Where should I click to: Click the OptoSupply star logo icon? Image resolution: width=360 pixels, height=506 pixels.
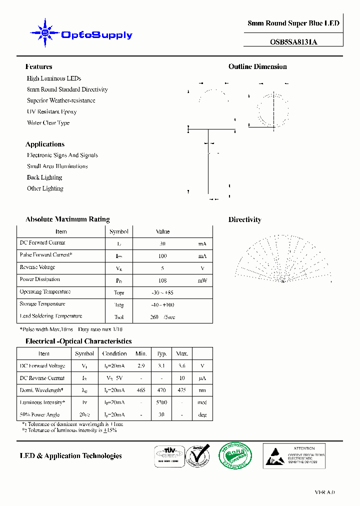pos(45,33)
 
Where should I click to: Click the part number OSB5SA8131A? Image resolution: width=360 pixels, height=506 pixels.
pos(293,42)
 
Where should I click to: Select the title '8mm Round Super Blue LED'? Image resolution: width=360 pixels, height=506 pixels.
pos(293,23)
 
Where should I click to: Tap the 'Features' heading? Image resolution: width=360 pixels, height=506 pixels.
pos(38,66)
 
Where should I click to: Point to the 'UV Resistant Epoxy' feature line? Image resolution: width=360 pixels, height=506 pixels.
pos(51,111)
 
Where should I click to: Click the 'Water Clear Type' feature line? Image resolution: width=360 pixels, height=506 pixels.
pos(48,122)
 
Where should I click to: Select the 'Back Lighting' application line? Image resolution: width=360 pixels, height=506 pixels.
pos(44,177)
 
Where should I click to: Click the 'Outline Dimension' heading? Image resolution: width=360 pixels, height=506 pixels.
pos(257,66)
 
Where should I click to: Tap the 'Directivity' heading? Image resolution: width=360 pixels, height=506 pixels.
pos(244,219)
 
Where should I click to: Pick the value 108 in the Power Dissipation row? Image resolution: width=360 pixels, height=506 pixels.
pos(162,280)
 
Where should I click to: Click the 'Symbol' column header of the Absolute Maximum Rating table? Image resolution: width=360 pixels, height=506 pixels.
pos(119,231)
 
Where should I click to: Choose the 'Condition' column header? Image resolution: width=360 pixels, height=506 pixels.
pos(114,353)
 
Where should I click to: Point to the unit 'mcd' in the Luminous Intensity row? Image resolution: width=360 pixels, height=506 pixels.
pos(202,402)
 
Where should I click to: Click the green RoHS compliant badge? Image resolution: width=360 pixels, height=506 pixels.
pos(235,455)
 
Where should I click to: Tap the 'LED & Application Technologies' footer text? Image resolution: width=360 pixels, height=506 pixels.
pos(70,455)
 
